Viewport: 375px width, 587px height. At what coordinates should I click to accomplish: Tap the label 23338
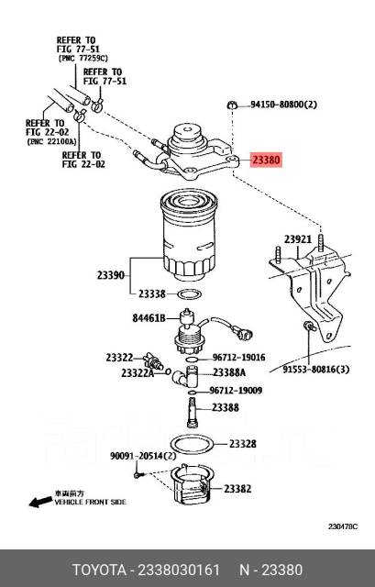152,293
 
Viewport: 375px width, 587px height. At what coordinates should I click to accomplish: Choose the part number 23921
298,240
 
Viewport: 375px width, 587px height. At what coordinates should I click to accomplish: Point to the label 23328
242,444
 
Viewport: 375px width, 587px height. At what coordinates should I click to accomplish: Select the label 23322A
138,373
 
